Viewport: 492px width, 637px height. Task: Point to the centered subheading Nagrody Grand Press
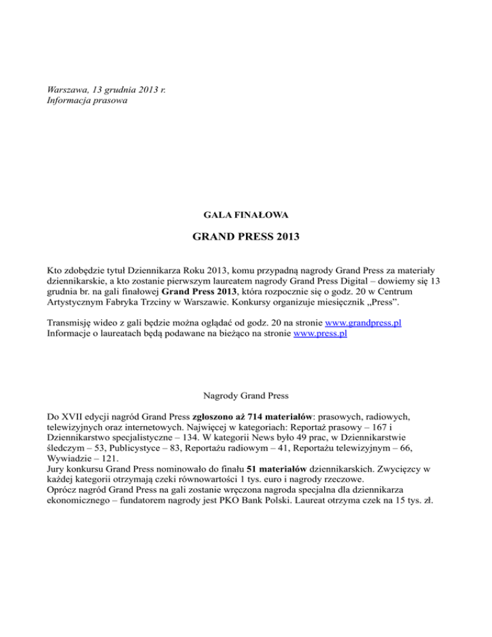246,397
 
